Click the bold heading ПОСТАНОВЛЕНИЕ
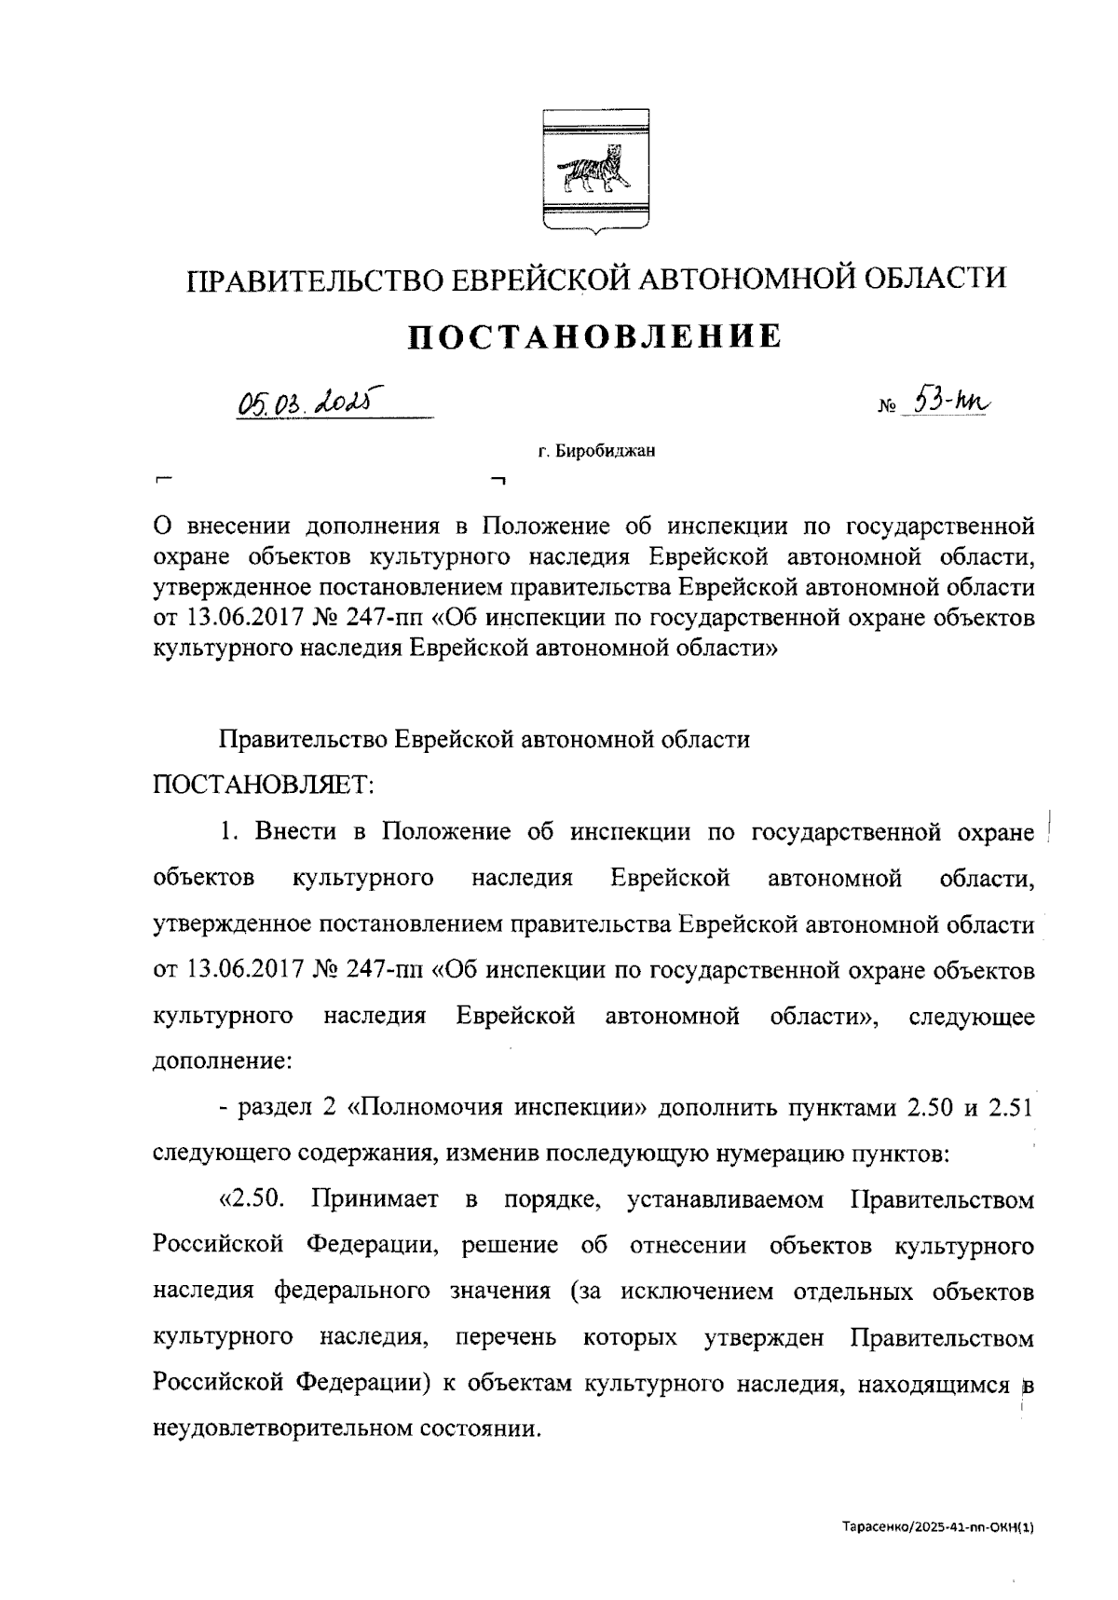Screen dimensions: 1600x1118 coord(596,336)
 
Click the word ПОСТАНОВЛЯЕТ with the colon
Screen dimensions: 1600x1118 coord(263,786)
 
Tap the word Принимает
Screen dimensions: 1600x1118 coord(375,1199)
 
